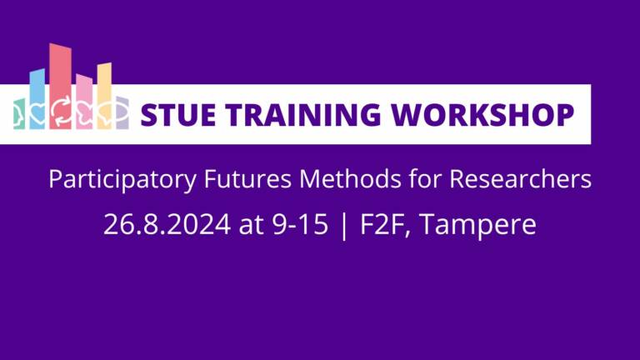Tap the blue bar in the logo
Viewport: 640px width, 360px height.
pyautogui.click(x=37, y=92)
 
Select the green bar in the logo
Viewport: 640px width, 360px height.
pyautogui.click(x=19, y=114)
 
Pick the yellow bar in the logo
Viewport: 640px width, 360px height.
pyautogui.click(x=104, y=87)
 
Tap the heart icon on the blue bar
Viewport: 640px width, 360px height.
pyautogui.click(x=37, y=113)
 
